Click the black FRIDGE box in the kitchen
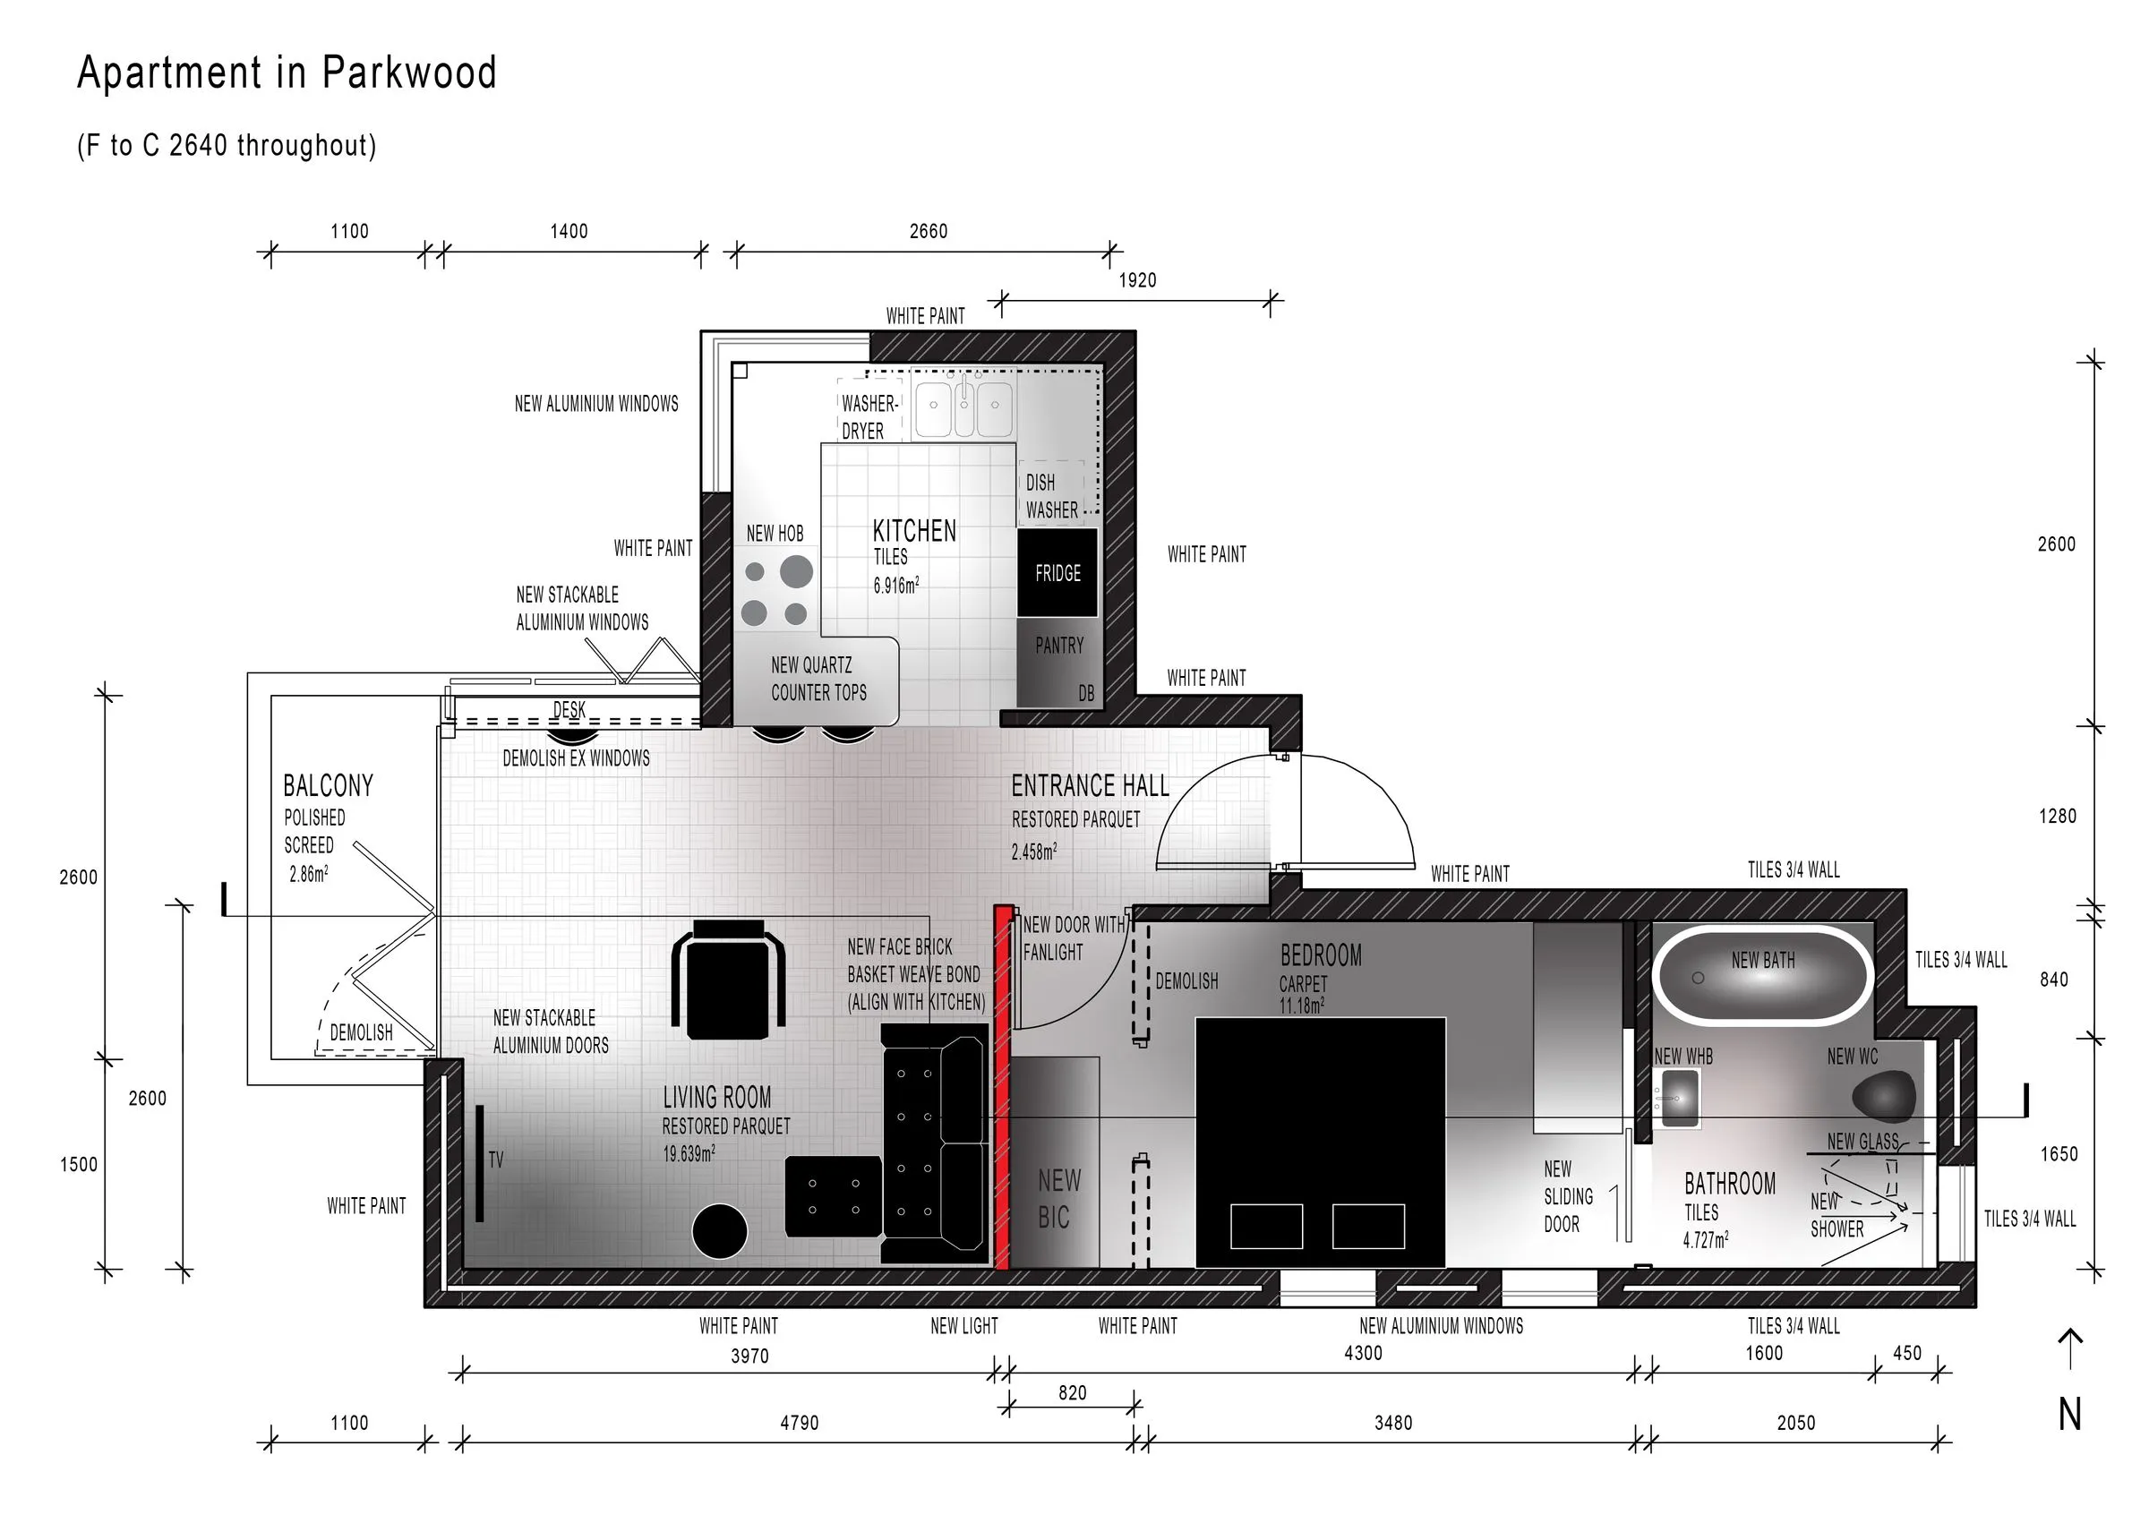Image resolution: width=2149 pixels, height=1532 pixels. (x=1057, y=573)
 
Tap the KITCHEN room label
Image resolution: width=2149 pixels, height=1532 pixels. (x=914, y=531)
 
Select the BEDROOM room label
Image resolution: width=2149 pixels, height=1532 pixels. (x=1321, y=955)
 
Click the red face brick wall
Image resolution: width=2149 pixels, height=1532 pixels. (x=1003, y=1087)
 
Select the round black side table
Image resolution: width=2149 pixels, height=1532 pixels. (x=720, y=1231)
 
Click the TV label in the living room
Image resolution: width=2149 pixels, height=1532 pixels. (x=496, y=1160)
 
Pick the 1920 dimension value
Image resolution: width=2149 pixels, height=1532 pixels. (x=1137, y=280)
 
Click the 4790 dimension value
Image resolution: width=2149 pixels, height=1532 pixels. (x=799, y=1424)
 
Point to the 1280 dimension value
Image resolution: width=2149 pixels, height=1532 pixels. (x=2058, y=816)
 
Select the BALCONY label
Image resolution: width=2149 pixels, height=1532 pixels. (x=329, y=786)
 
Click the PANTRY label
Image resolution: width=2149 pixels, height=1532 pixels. (x=1059, y=646)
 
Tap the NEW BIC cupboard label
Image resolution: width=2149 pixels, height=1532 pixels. (x=1058, y=1199)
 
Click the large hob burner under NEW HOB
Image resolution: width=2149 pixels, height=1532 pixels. (x=796, y=570)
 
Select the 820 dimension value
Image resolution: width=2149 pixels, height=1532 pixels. (x=1073, y=1393)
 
